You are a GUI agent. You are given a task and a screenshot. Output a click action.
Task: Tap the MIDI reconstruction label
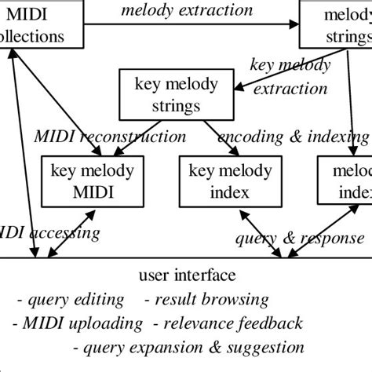[x=111, y=137]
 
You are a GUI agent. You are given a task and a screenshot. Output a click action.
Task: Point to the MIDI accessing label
[x=50, y=232]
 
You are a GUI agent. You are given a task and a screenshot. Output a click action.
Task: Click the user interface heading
[x=186, y=275]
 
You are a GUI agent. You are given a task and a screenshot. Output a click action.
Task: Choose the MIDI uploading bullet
[x=78, y=323]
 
